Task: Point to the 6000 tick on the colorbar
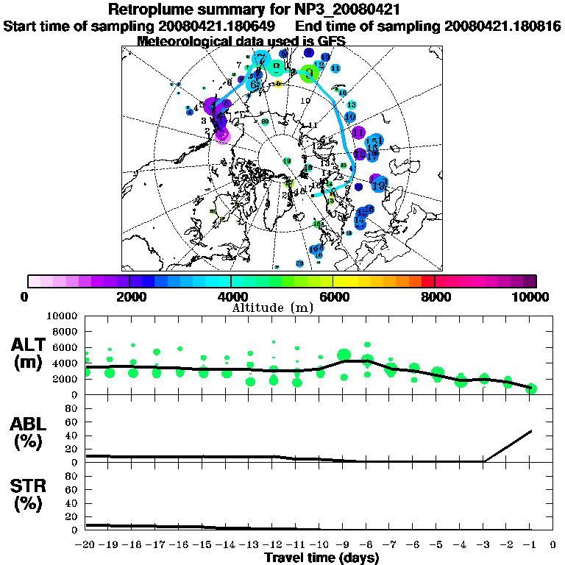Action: (x=333, y=296)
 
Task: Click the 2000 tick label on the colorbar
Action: (x=129, y=296)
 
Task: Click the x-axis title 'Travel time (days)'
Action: (x=321, y=558)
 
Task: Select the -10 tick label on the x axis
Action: (x=320, y=544)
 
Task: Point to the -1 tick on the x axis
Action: (x=530, y=544)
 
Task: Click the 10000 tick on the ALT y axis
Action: (x=63, y=316)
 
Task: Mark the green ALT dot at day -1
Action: (x=531, y=388)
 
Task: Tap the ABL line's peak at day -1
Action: (x=531, y=430)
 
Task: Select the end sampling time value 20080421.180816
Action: (x=502, y=26)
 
